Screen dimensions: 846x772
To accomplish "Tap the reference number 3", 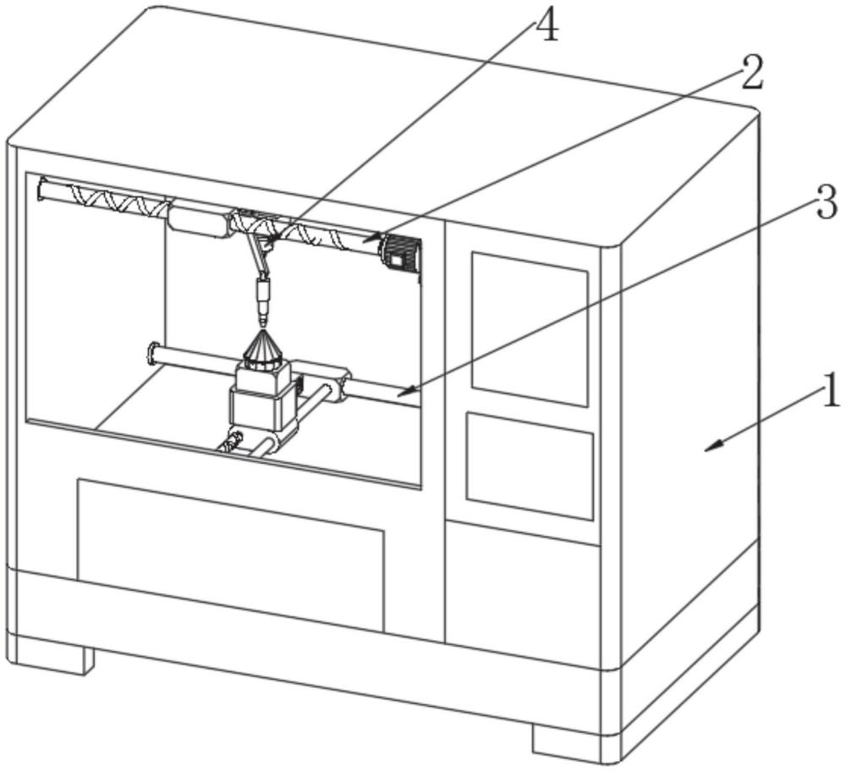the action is [826, 204].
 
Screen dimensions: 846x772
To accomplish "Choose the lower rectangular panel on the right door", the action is [530, 466].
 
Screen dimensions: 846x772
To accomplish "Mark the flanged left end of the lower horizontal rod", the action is [153, 351].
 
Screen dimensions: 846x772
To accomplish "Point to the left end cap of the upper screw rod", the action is [41, 188].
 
